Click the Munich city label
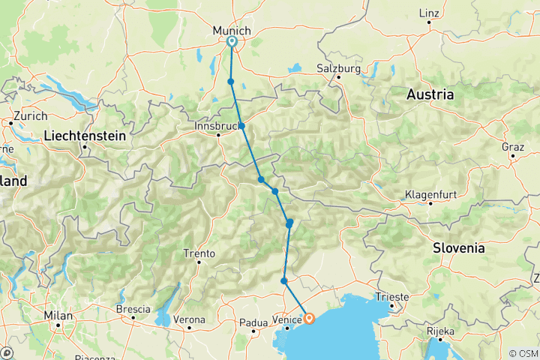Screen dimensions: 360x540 pyautogui.click(x=229, y=29)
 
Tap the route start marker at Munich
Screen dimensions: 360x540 pyautogui.click(x=231, y=42)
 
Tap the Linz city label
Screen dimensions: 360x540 pyautogui.click(x=429, y=13)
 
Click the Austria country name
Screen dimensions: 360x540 pyautogui.click(x=430, y=95)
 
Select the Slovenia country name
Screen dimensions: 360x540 pyautogui.click(x=458, y=247)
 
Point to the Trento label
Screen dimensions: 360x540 pyautogui.click(x=200, y=253)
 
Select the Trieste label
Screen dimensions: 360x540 pyautogui.click(x=392, y=297)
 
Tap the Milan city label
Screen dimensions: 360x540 pyautogui.click(x=58, y=316)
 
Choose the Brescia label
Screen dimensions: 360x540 pyautogui.click(x=133, y=309)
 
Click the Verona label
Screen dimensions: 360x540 pyautogui.click(x=189, y=320)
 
